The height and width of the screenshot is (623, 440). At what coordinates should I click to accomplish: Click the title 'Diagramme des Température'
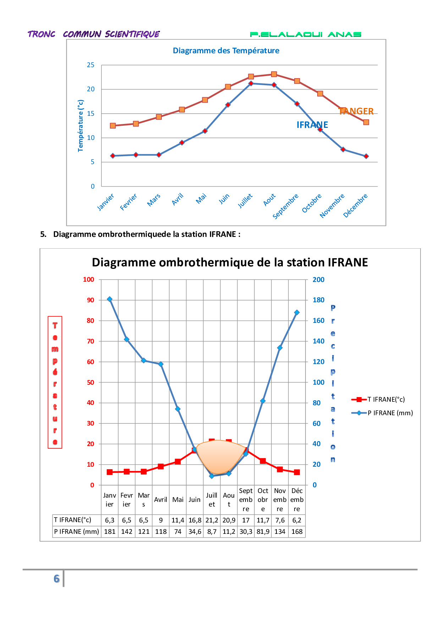(x=226, y=50)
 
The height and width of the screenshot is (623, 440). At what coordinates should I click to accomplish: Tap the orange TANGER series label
(x=356, y=111)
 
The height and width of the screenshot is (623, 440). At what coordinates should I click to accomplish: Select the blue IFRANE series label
(x=312, y=125)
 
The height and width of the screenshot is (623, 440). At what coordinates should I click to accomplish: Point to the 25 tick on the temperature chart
(x=91, y=65)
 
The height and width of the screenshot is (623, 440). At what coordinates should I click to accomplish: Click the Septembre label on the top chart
(x=286, y=206)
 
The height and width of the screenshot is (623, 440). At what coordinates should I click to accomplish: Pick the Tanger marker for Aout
(x=274, y=74)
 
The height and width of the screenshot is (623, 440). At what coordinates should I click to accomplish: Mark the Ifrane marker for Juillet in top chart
(x=251, y=83)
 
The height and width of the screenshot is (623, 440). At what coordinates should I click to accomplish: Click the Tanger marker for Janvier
(x=113, y=126)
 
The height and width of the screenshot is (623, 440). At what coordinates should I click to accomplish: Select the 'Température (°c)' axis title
(x=81, y=126)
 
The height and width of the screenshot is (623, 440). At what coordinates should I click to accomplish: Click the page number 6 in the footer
(x=56, y=579)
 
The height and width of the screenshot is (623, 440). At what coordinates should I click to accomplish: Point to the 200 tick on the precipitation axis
(x=318, y=280)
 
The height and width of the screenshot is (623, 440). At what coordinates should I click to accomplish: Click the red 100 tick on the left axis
(x=88, y=280)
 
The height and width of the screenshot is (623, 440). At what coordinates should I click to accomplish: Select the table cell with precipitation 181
(x=110, y=532)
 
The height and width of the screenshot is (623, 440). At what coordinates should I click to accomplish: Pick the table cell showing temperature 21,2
(x=212, y=520)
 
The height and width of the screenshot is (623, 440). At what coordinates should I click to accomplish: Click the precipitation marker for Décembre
(x=297, y=313)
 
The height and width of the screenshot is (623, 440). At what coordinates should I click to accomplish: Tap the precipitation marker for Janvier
(x=110, y=299)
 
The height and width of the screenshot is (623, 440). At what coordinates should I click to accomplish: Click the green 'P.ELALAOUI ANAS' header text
(x=306, y=34)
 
